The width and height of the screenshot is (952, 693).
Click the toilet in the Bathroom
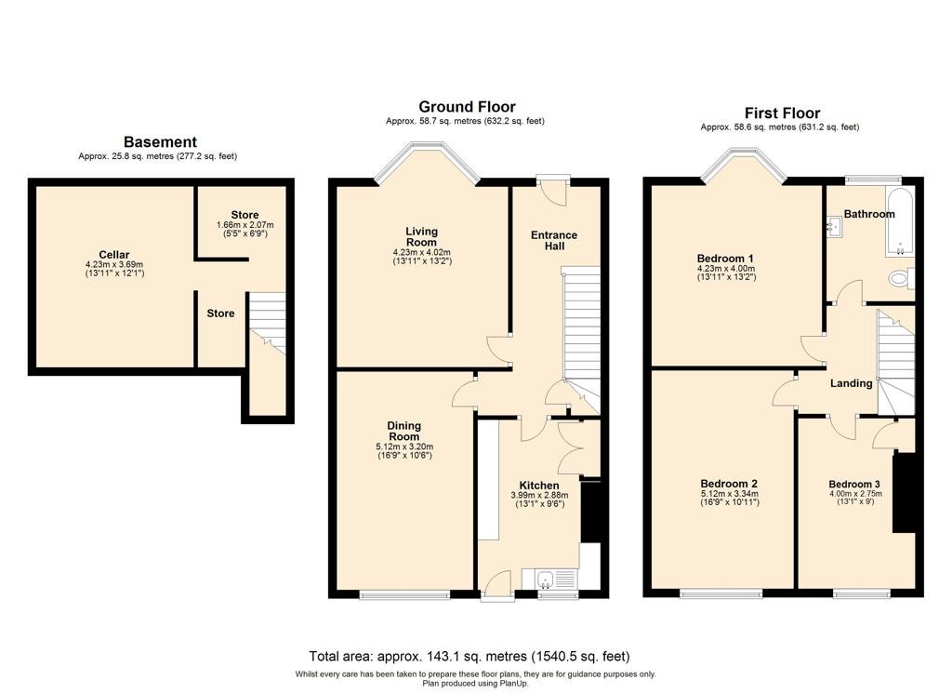click(x=901, y=279)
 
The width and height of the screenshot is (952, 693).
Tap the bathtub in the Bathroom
click(x=900, y=221)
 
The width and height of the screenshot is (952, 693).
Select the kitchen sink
click(x=551, y=579)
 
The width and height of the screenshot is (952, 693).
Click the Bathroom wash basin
click(x=833, y=227)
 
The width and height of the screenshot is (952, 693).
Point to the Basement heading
click(x=160, y=142)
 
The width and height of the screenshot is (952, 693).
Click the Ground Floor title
click(x=467, y=107)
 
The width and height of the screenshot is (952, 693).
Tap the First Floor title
click(x=782, y=113)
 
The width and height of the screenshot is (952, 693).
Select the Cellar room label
click(x=114, y=255)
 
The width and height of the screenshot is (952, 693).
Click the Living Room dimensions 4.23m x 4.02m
click(x=422, y=253)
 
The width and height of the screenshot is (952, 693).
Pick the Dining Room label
click(x=404, y=432)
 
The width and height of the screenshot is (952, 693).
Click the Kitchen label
click(x=539, y=486)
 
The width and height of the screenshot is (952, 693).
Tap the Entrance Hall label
click(x=554, y=241)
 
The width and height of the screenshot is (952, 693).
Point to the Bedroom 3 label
click(x=854, y=484)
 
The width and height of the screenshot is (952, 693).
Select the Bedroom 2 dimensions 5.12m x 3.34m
click(x=729, y=494)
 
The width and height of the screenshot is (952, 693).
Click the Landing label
click(x=852, y=383)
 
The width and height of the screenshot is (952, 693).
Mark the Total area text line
click(x=469, y=657)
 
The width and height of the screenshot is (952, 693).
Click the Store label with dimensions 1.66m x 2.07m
click(x=245, y=215)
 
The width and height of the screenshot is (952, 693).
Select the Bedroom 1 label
click(x=725, y=258)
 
